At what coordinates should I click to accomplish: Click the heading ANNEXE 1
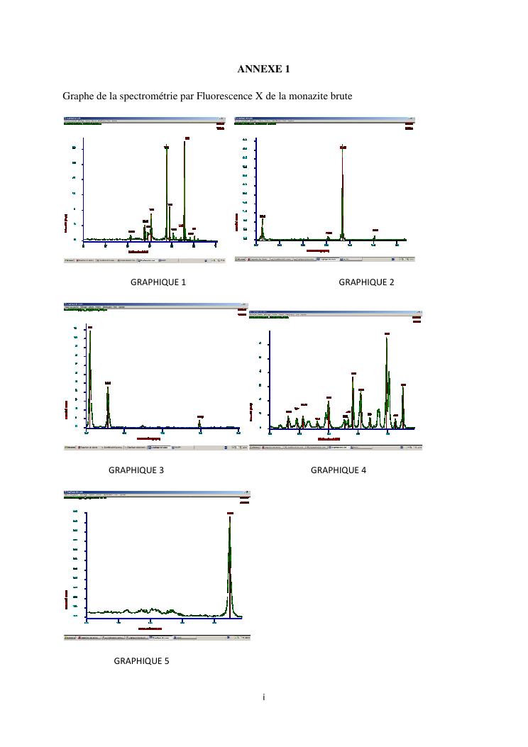[263, 69]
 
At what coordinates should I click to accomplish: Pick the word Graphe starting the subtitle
[78, 96]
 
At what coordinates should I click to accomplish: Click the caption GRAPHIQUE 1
[158, 282]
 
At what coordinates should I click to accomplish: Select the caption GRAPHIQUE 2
[366, 282]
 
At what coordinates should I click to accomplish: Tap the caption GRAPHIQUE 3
[136, 470]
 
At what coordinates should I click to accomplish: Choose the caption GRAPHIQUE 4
[339, 470]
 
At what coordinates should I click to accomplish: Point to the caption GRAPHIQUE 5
[142, 661]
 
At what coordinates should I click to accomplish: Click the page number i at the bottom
[263, 697]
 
